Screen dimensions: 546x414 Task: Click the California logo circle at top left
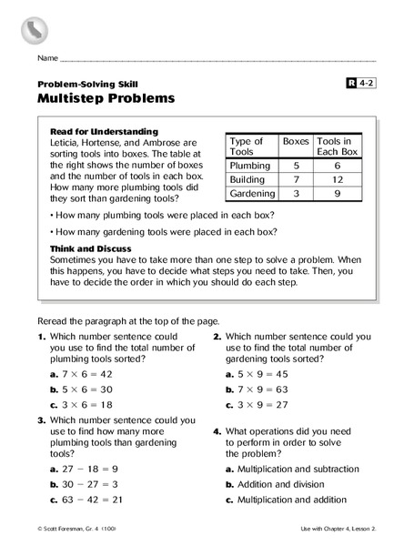coord(34,30)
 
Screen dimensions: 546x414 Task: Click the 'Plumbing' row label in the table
coord(250,167)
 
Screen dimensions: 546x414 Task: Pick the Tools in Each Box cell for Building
coord(336,181)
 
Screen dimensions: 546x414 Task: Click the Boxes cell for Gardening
coord(295,195)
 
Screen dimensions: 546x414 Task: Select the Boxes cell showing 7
coord(295,181)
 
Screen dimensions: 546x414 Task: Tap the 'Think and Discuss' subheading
coord(91,248)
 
